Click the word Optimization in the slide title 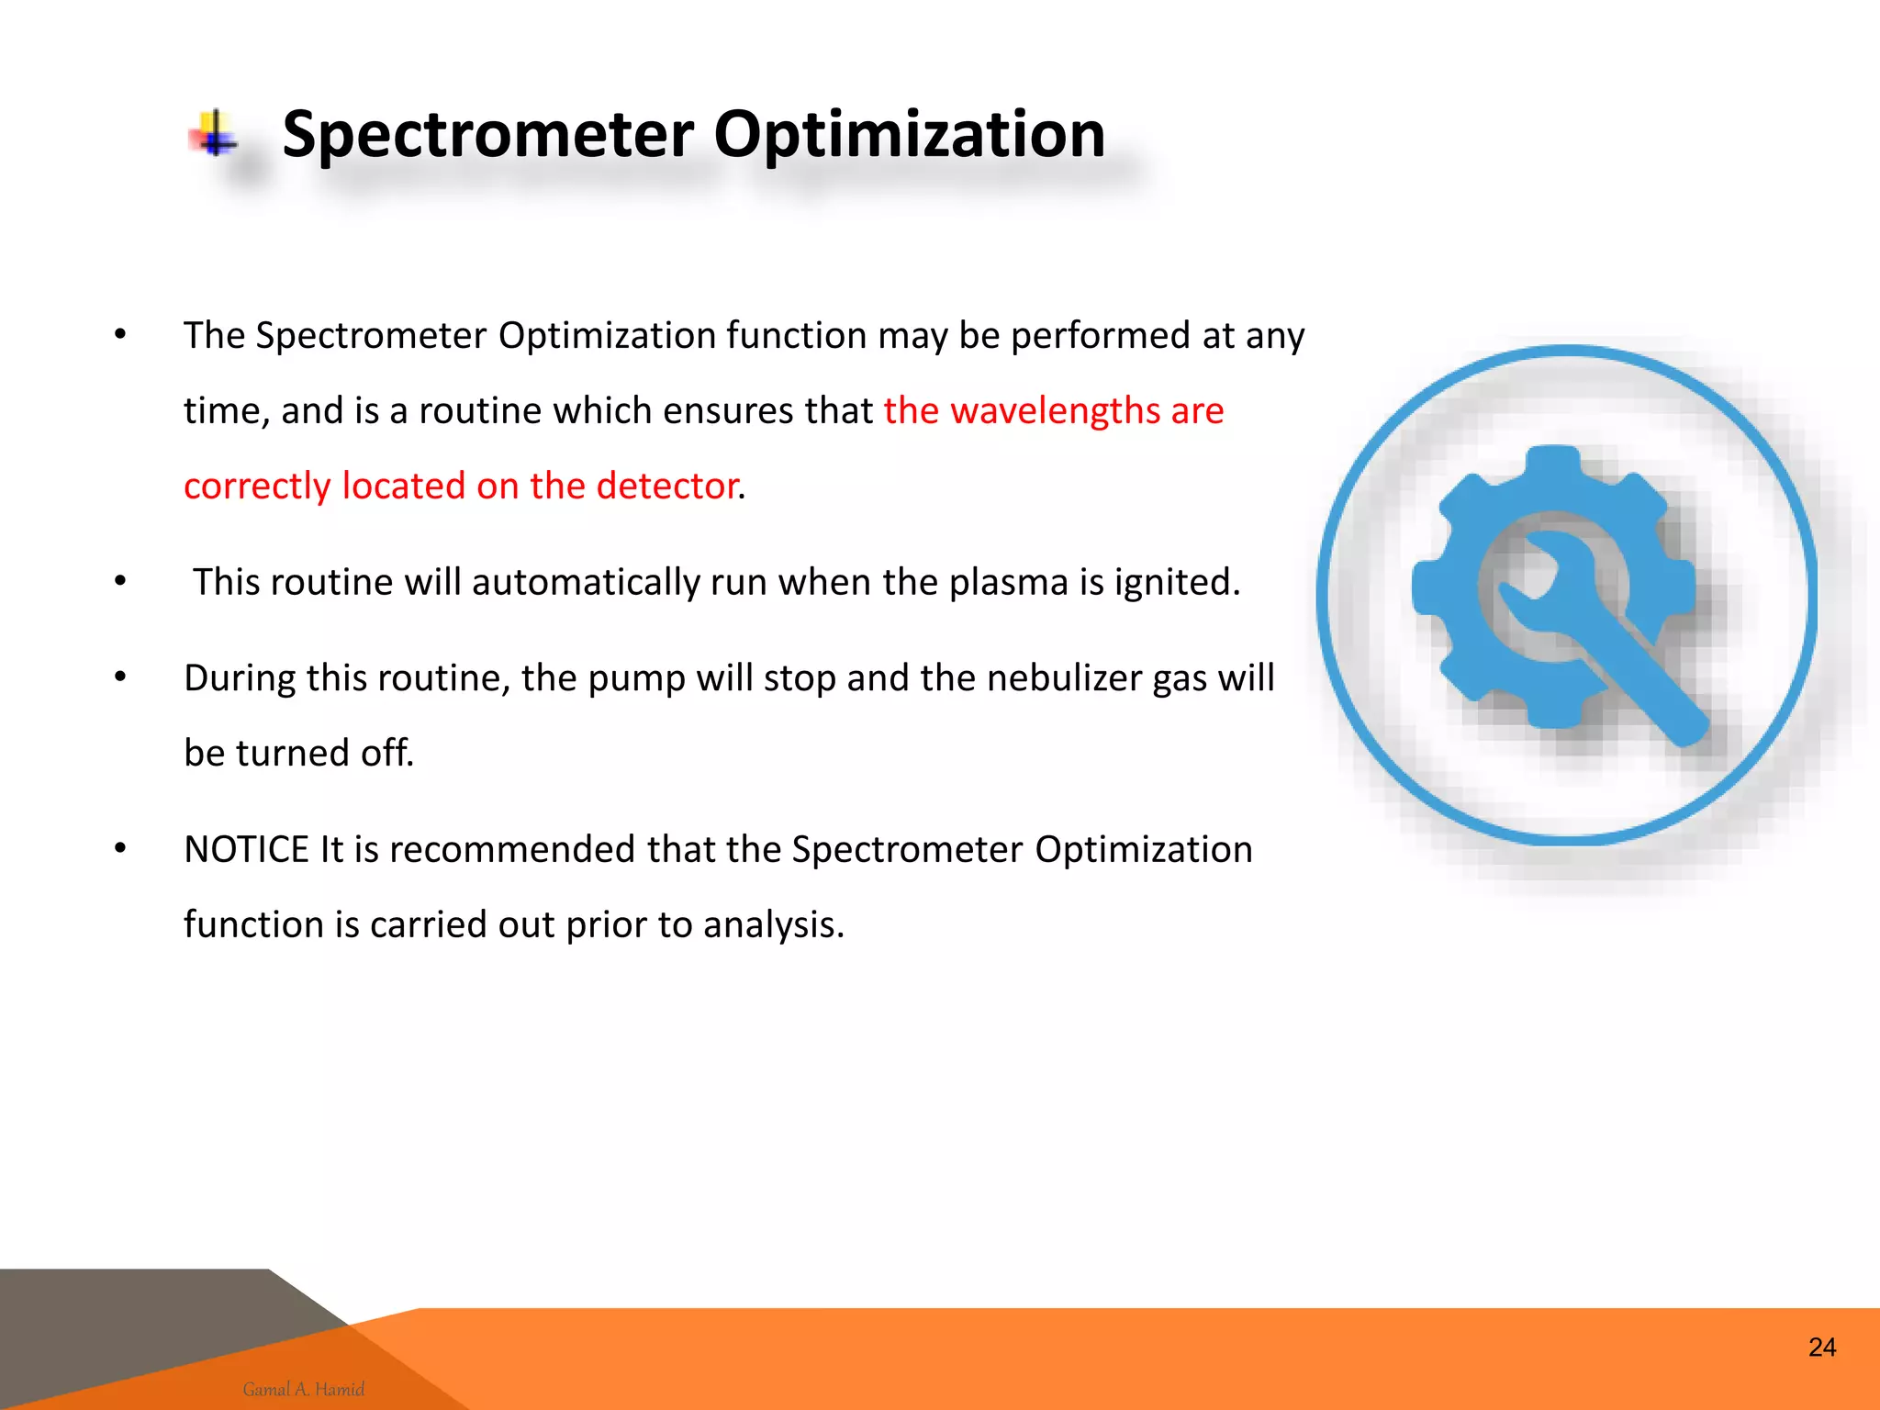pyautogui.click(x=909, y=134)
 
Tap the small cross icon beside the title pyautogui.click(x=214, y=134)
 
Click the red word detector pyautogui.click(x=667, y=486)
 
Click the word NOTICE pyautogui.click(x=246, y=849)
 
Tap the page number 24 pyautogui.click(x=1821, y=1347)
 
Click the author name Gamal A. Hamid pyautogui.click(x=303, y=1389)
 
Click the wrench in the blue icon pyautogui.click(x=1616, y=643)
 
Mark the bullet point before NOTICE pyautogui.click(x=120, y=848)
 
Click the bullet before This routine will pyautogui.click(x=120, y=581)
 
